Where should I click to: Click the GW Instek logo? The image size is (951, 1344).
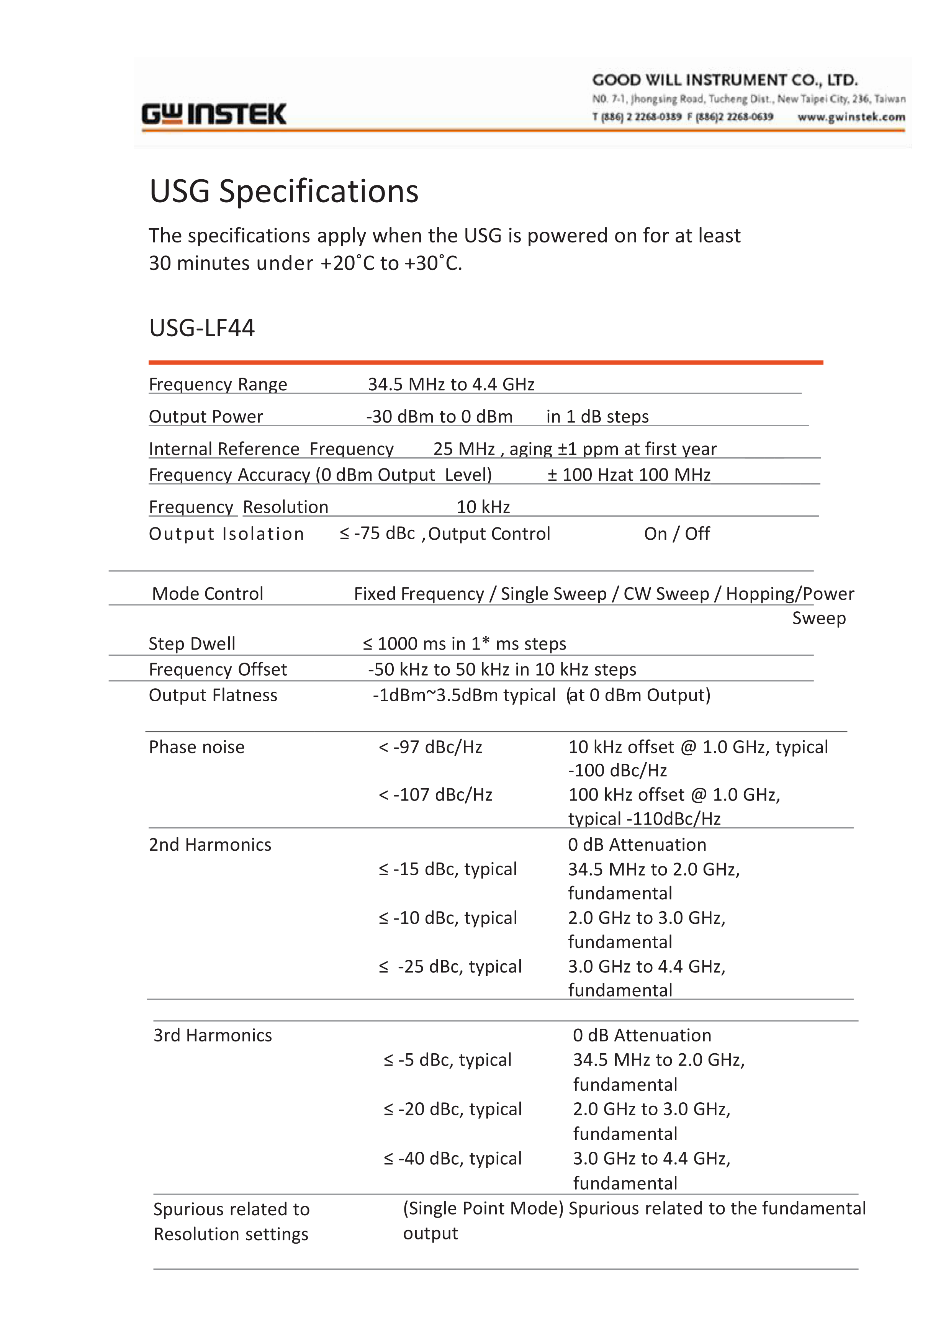coord(214,114)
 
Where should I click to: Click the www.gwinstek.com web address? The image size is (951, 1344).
coord(851,117)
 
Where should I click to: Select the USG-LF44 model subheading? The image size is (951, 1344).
coord(202,328)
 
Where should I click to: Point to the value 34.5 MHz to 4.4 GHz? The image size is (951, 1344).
coord(451,384)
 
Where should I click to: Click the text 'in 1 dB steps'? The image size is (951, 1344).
coord(597,416)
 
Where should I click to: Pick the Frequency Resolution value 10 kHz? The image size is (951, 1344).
coord(483,507)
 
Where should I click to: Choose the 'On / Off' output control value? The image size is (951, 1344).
coord(677,534)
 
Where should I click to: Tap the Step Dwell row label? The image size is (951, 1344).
coord(192,643)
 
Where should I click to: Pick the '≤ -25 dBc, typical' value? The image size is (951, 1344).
coord(450,966)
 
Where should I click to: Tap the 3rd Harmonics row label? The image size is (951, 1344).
coord(213,1035)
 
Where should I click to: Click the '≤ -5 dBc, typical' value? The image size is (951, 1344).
coord(447,1059)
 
